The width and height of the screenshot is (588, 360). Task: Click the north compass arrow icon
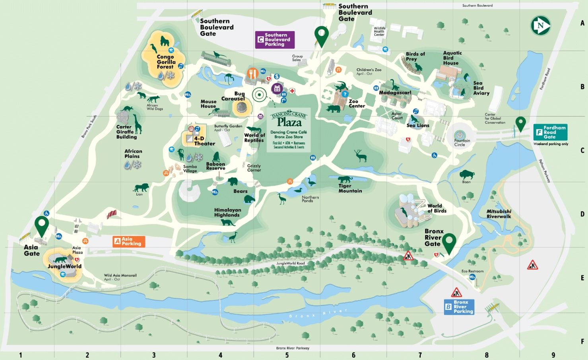tap(541, 26)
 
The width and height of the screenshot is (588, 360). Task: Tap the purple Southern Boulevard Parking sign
tap(275, 40)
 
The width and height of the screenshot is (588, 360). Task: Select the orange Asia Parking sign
tap(129, 241)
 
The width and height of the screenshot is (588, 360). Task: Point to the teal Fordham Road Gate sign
tap(550, 132)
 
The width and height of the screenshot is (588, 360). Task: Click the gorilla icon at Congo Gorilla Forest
tap(165, 41)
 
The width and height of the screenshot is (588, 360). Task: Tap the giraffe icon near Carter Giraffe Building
tap(137, 124)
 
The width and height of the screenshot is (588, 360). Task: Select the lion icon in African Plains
tap(141, 187)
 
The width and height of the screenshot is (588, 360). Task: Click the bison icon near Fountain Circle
tap(467, 174)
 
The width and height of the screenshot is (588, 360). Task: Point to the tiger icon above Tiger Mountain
tap(345, 179)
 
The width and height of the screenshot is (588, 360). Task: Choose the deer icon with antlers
tap(361, 156)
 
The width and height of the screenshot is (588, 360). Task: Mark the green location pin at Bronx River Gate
tap(449, 242)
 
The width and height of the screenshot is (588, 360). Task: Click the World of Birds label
tap(437, 208)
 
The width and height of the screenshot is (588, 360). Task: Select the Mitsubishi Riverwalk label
tap(499, 214)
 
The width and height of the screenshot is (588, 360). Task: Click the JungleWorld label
tap(64, 267)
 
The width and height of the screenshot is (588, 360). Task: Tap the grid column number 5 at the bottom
tap(287, 355)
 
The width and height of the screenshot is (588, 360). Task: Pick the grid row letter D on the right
tap(582, 214)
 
